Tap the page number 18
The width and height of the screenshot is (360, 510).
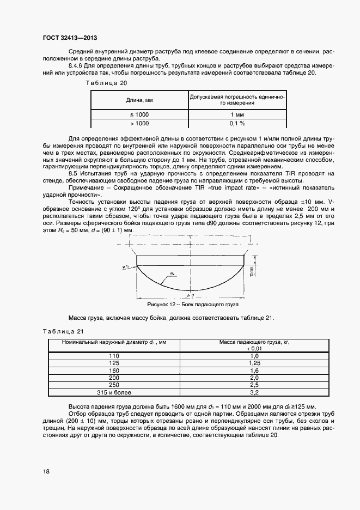46,471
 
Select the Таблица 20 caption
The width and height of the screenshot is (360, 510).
107,83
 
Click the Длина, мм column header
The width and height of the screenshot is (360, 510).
139,100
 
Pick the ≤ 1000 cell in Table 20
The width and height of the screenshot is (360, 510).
139,114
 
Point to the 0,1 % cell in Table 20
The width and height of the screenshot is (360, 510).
237,124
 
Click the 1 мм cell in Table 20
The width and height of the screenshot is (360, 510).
237,114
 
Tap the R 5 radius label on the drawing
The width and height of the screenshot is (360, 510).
125,266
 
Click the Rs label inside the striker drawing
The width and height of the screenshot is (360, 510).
173,274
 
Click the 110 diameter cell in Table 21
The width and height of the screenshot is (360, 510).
114,355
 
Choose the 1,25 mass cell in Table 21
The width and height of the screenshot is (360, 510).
253,362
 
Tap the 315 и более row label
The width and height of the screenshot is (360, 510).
114,392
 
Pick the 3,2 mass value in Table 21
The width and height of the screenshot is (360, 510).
253,392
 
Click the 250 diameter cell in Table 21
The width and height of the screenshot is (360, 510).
114,384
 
